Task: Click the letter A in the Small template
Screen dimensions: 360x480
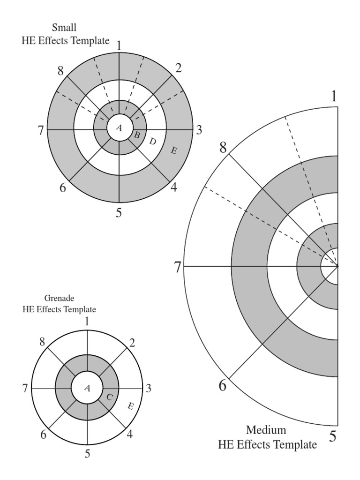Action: (119, 128)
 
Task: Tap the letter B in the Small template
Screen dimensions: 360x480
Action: (137, 135)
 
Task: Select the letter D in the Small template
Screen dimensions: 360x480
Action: (152, 141)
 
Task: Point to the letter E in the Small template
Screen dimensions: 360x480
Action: (173, 150)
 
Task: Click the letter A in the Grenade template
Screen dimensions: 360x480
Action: (87, 389)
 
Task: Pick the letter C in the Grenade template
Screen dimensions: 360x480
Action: (109, 397)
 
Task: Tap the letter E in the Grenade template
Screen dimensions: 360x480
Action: (130, 406)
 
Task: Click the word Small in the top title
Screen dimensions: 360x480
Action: (64, 28)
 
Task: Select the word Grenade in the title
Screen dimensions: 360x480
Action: (59, 298)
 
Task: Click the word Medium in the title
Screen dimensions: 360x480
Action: (266, 430)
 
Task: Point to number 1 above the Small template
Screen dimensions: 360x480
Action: (119, 46)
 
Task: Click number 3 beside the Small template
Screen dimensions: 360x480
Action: (199, 130)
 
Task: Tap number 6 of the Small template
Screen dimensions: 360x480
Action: (63, 187)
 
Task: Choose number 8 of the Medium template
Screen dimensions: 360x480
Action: (223, 148)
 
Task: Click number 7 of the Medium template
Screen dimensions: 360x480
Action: (178, 267)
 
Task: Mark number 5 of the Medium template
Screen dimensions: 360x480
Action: (333, 436)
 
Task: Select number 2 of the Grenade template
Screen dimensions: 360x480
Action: (132, 343)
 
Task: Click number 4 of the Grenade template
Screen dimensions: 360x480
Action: (129, 434)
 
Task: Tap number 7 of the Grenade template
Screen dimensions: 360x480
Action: (25, 389)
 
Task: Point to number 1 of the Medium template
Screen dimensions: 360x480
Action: (334, 97)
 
